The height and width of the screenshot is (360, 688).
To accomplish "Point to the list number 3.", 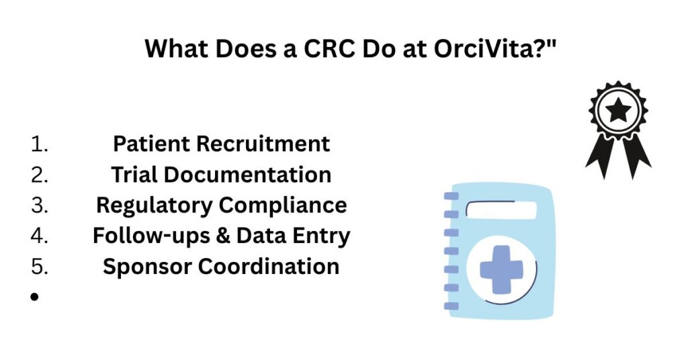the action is click(40, 206).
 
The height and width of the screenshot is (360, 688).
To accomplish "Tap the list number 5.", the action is click(40, 267).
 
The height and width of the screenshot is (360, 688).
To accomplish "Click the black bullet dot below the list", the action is click(35, 297).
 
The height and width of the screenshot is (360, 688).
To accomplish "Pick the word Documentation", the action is click(248, 175).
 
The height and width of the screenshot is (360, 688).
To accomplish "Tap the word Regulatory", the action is click(154, 206).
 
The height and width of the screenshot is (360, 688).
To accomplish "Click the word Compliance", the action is click(283, 206).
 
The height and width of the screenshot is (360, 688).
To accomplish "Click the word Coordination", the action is click(269, 266).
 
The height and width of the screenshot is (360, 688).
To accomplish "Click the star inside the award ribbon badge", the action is click(618, 109).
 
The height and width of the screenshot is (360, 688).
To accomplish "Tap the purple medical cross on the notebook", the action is click(501, 269).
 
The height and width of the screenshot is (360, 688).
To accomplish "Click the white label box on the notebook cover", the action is click(501, 210).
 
